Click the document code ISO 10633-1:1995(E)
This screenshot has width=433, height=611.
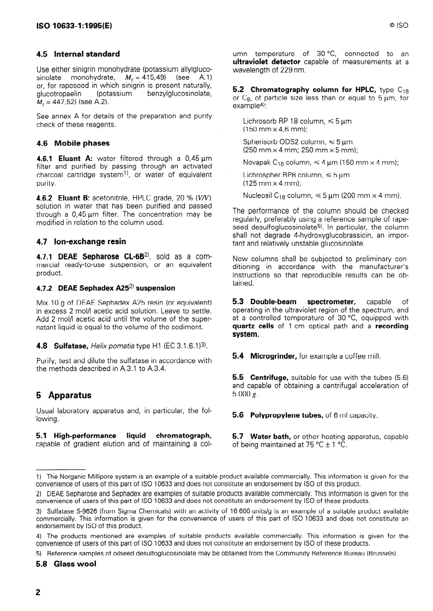74,25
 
